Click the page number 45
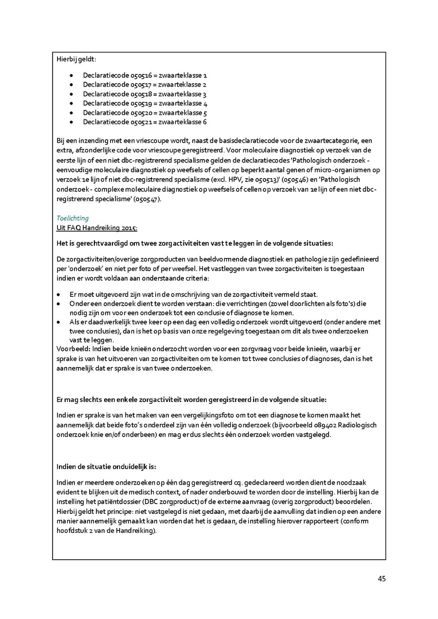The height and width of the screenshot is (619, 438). (381, 579)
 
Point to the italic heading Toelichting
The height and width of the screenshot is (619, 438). (73, 218)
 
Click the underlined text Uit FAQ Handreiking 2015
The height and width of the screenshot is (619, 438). (97, 228)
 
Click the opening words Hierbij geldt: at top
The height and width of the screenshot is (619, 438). (76, 59)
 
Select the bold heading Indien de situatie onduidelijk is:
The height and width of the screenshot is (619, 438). (107, 467)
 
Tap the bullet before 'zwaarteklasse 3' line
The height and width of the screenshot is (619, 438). (72, 94)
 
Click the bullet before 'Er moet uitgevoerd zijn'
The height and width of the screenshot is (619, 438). (59, 294)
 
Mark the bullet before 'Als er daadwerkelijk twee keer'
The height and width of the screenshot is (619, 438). (59, 322)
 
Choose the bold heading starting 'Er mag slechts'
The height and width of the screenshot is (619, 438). (192, 400)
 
